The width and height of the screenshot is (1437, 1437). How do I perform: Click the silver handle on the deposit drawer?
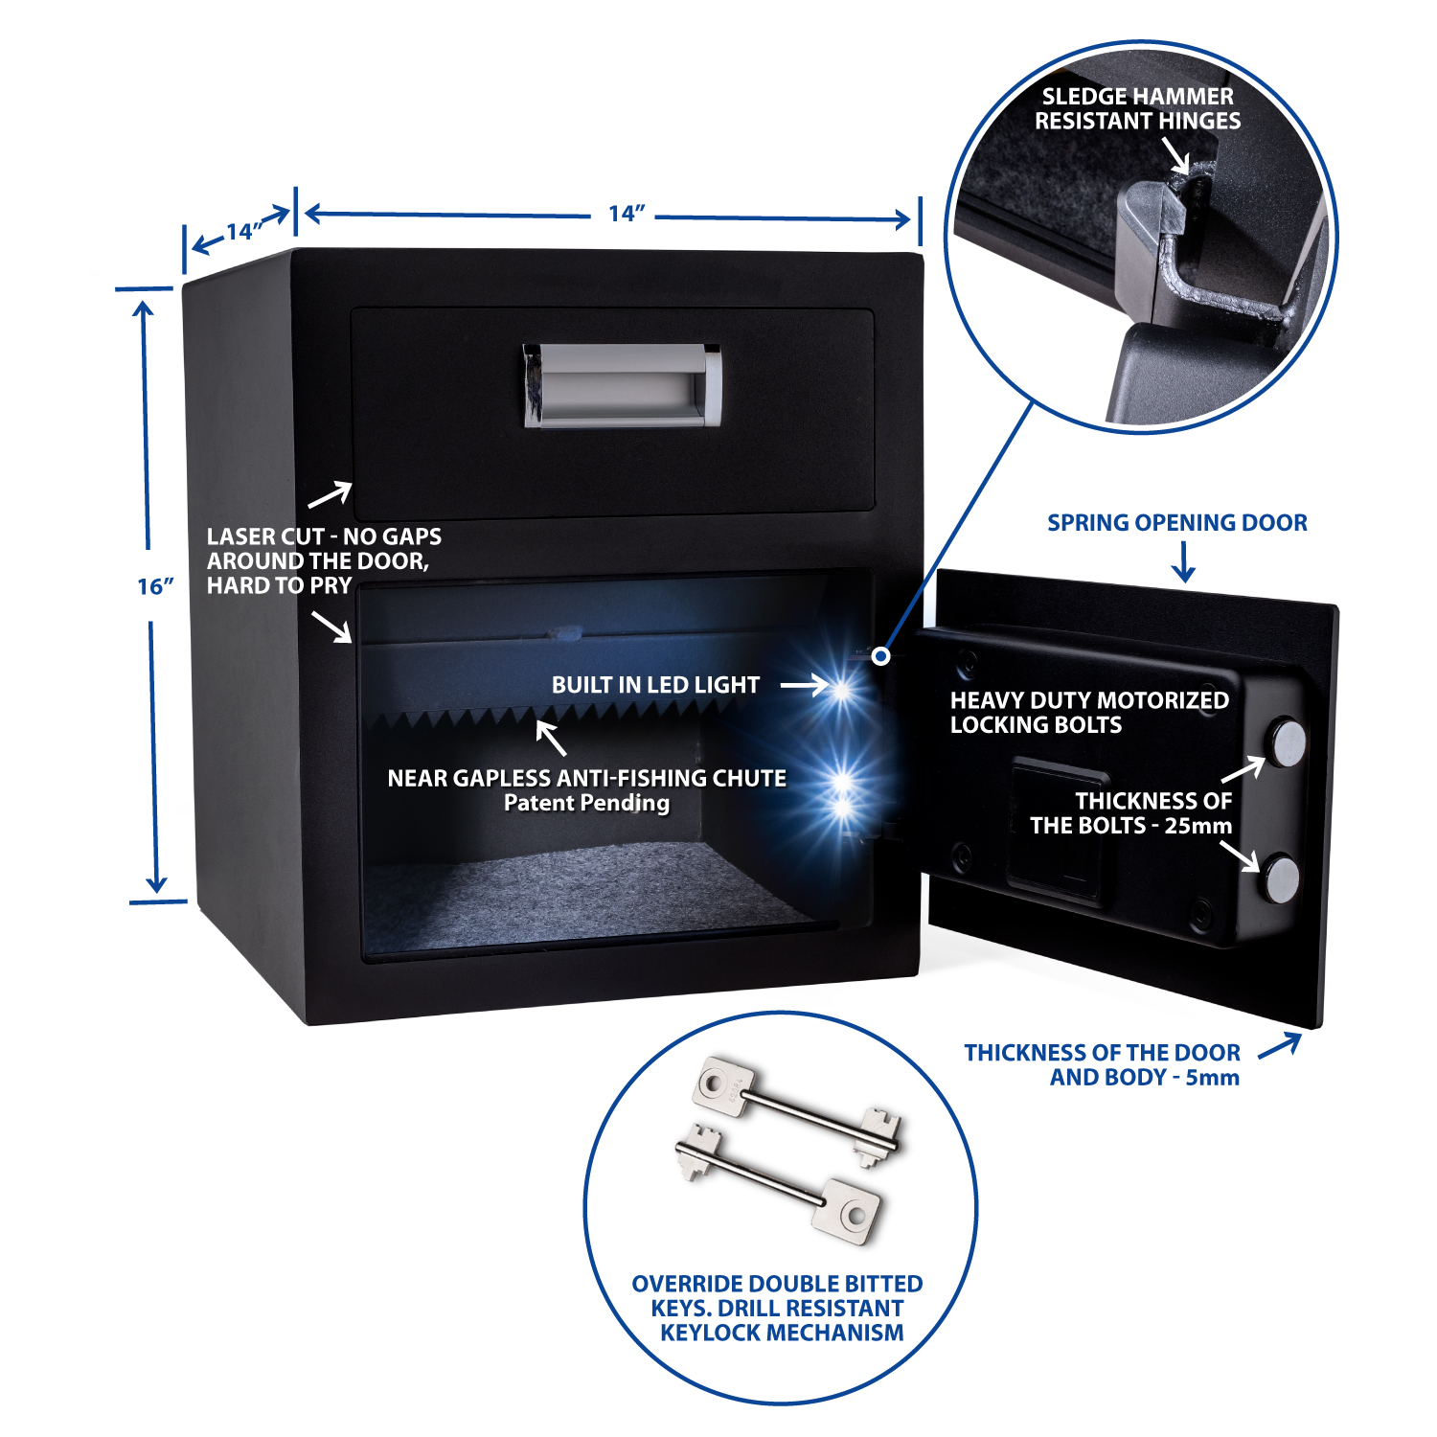[x=622, y=385]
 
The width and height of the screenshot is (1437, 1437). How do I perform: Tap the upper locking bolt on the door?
[x=1287, y=742]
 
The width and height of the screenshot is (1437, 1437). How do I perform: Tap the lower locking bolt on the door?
[x=1280, y=878]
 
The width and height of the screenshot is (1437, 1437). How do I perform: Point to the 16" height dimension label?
[x=155, y=586]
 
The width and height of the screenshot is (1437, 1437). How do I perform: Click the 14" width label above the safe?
[x=627, y=214]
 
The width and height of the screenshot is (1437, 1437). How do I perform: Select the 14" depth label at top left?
[x=242, y=231]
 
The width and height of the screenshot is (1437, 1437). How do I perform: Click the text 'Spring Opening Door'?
[x=1176, y=523]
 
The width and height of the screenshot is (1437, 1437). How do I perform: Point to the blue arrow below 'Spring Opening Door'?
[x=1184, y=562]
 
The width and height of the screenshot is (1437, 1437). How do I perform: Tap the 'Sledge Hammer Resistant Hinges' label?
[x=1137, y=109]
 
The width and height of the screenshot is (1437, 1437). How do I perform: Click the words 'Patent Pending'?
[x=586, y=803]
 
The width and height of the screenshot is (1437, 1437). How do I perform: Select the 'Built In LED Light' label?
[x=655, y=685]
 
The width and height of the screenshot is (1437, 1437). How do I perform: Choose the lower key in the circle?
[x=781, y=1183]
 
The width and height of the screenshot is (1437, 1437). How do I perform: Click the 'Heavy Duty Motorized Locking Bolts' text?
[x=1088, y=713]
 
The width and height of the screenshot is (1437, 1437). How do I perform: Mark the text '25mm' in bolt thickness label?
[x=1197, y=826]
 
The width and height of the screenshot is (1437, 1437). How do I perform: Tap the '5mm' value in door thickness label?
[x=1212, y=1078]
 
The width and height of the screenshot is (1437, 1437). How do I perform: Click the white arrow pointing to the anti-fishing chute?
[x=551, y=738]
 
